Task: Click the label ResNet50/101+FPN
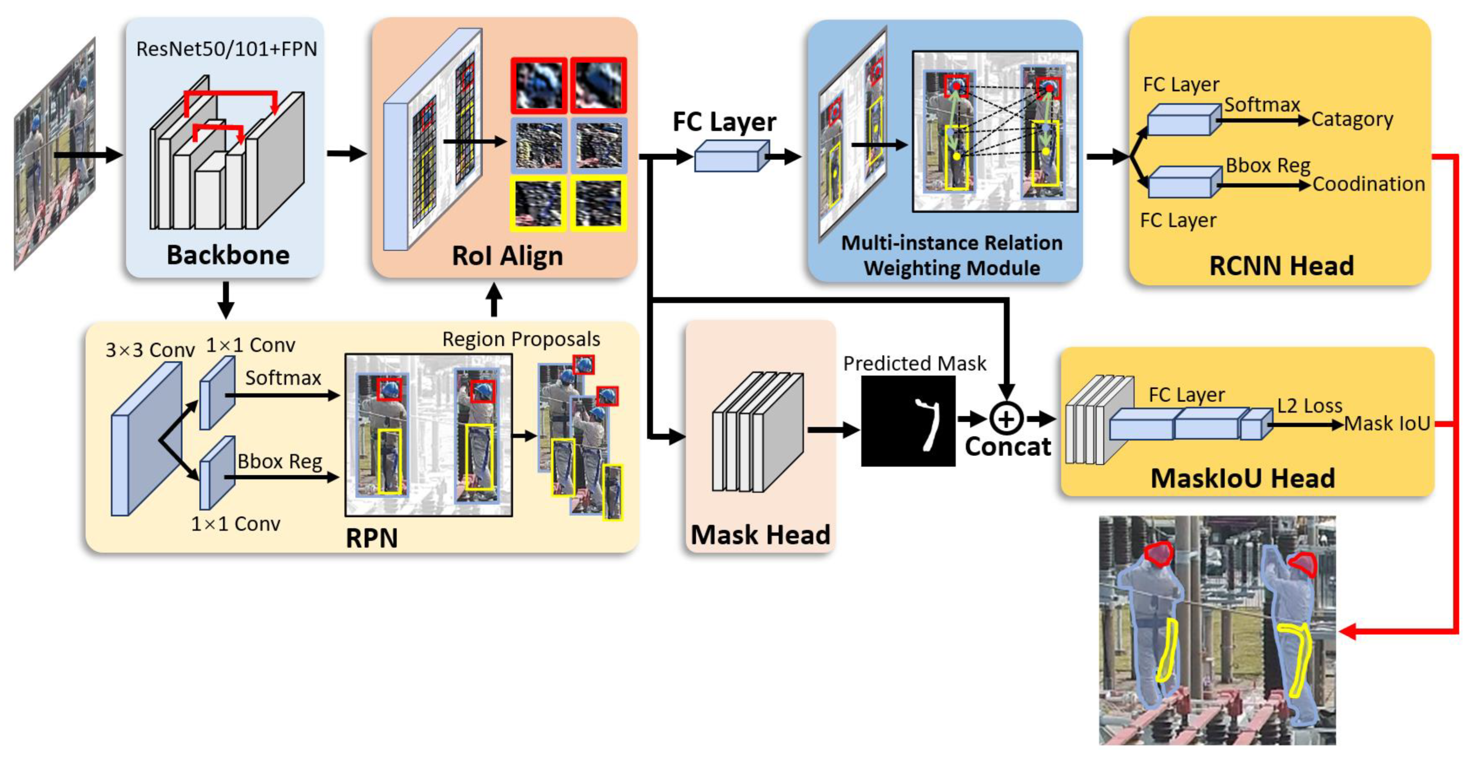tap(226, 49)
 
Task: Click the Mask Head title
tap(760, 535)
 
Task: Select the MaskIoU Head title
tap(1242, 478)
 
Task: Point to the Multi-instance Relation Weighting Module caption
tap(951, 255)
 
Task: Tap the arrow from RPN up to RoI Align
tap(494, 300)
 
